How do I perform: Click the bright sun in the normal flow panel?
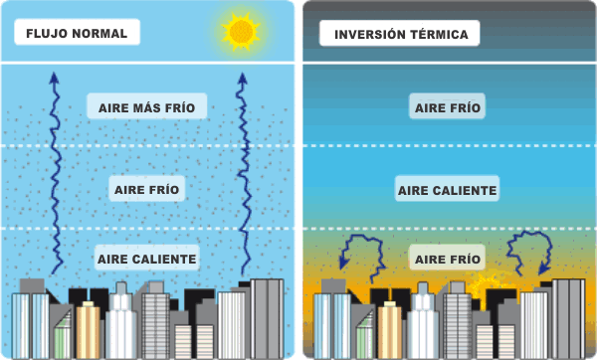click(241, 32)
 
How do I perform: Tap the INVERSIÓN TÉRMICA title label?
click(400, 34)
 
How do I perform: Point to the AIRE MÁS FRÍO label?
click(147, 106)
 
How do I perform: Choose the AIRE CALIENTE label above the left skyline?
click(147, 259)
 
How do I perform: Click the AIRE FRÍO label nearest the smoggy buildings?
click(448, 260)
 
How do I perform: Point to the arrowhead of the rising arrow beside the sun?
click(240, 78)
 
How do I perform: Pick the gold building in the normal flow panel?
click(89, 328)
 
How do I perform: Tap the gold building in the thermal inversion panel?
click(389, 329)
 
